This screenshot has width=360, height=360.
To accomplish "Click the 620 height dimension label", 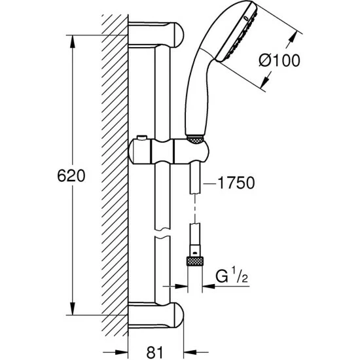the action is [71, 176].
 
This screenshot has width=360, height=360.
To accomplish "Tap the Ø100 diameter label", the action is [279, 61].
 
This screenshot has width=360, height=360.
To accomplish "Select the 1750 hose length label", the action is [236, 183].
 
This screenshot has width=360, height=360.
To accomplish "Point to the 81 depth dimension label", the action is [154, 352].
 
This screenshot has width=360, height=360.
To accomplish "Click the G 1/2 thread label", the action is [232, 276].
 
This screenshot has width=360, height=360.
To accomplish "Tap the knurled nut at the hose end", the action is [194, 261].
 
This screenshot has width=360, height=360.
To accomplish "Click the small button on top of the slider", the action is [141, 137].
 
